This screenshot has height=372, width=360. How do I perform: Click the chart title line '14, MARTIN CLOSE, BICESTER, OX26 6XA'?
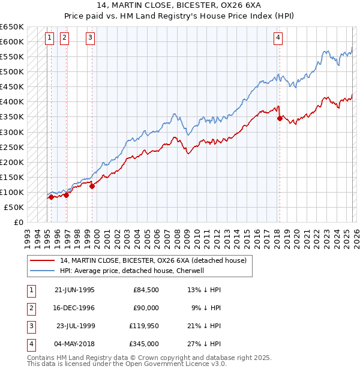point(180,5)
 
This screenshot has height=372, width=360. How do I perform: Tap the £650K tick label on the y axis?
point(12,27)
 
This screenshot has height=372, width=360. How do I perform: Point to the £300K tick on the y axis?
point(12,132)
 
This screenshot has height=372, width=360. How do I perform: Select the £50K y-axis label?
point(14,207)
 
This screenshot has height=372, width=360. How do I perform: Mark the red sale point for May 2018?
point(280,118)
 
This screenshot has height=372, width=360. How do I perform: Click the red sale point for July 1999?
point(92,186)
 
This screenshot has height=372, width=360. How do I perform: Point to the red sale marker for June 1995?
point(52,197)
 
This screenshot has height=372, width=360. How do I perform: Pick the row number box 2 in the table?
point(31,308)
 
